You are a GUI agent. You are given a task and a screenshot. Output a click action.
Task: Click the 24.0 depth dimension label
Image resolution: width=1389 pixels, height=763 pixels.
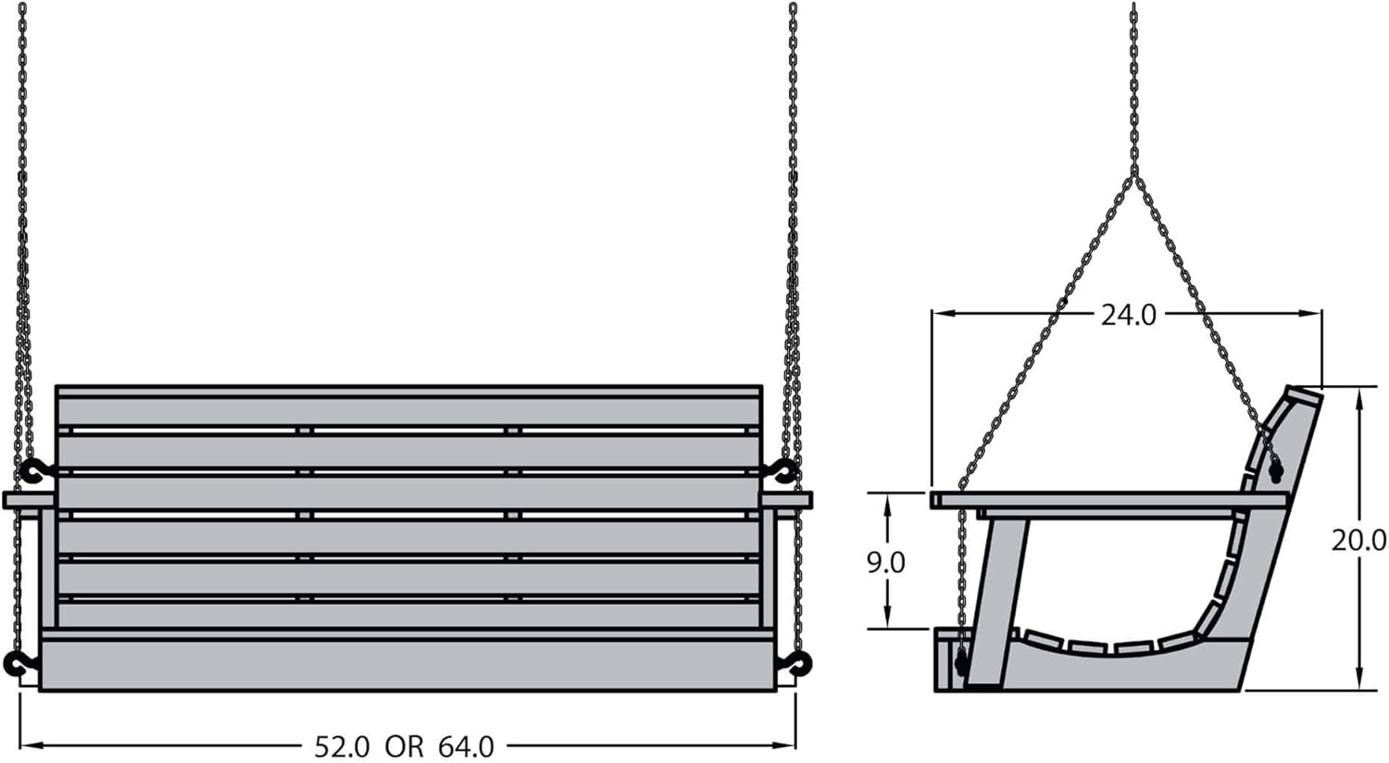pos(1129,315)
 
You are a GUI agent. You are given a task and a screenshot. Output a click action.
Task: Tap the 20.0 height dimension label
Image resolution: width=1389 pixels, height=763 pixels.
pos(1358,541)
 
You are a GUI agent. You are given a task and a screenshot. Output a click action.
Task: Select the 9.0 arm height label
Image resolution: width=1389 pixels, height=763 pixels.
pos(885,562)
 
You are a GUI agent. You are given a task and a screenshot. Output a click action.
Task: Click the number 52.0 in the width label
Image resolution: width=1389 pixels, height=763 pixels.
pos(343,747)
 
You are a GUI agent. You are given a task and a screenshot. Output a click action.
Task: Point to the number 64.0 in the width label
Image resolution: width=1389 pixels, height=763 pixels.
pos(467,747)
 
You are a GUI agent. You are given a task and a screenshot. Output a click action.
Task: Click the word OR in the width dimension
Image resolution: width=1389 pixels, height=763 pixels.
pos(405,747)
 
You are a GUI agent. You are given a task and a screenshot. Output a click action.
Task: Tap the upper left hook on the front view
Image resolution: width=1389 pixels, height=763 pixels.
pos(36,471)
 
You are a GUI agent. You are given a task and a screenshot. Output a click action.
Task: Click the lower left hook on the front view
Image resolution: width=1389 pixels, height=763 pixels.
pos(19,663)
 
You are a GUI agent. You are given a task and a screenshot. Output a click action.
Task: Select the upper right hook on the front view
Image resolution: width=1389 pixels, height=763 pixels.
pos(782,471)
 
